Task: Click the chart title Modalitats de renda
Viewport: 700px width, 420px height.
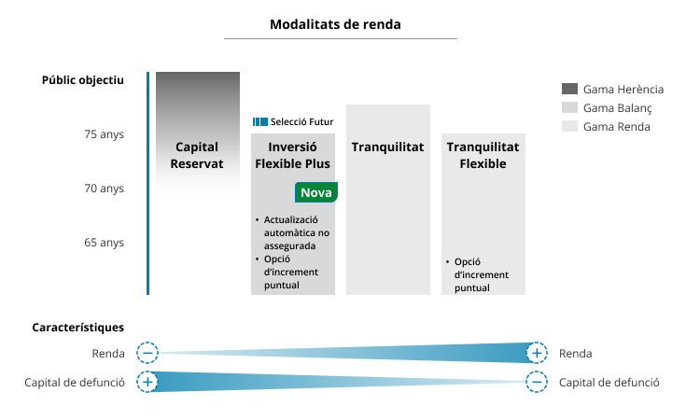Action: pyautogui.click(x=335, y=24)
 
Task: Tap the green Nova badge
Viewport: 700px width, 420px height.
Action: pyautogui.click(x=316, y=192)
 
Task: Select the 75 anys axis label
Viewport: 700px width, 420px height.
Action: pyautogui.click(x=104, y=134)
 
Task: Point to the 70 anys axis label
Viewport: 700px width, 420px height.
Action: pyautogui.click(x=104, y=189)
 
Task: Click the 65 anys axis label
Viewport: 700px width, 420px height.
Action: pyautogui.click(x=104, y=243)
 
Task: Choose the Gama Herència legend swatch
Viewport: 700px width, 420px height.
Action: pyautogui.click(x=569, y=89)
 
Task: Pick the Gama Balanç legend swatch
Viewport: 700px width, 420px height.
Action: pyautogui.click(x=569, y=107)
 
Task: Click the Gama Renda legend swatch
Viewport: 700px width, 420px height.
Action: pyautogui.click(x=569, y=126)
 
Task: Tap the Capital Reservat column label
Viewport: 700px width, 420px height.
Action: pyautogui.click(x=197, y=155)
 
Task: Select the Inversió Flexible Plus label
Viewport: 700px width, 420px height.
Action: pyautogui.click(x=292, y=155)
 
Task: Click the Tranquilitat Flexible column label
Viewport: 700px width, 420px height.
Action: pyautogui.click(x=483, y=155)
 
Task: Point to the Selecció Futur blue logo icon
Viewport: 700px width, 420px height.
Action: pyautogui.click(x=260, y=122)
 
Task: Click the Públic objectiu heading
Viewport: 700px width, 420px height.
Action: pyautogui.click(x=82, y=80)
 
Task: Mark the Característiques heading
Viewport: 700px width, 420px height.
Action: pyautogui.click(x=78, y=328)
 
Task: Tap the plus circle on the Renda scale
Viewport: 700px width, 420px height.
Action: pyautogui.click(x=537, y=354)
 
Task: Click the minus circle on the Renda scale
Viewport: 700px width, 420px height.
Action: pyautogui.click(x=147, y=354)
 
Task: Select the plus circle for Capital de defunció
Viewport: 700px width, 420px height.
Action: pyautogui.click(x=147, y=382)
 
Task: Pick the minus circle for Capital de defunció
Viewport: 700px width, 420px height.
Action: pyautogui.click(x=537, y=382)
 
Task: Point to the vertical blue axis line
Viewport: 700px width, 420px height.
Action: pyautogui.click(x=147, y=184)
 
